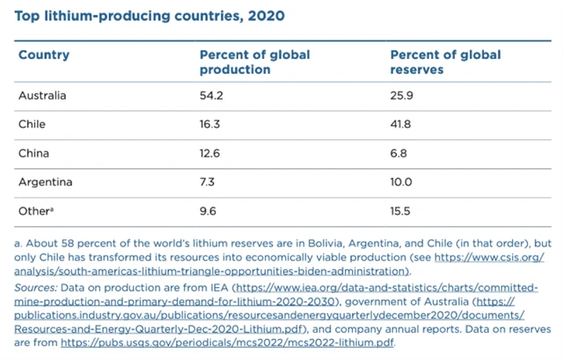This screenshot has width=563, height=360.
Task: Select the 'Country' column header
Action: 44,55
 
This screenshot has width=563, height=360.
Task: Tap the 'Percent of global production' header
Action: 254,62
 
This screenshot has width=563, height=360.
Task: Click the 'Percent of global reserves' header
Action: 445,62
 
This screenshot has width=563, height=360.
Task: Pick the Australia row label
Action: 42,95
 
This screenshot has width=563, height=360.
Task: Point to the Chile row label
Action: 32,124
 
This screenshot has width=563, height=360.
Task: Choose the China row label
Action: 33,153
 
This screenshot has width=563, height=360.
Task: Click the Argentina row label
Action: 45,182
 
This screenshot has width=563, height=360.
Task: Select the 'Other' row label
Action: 35,211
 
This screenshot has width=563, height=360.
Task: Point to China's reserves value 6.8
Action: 399,153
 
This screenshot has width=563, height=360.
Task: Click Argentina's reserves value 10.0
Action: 402,182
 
